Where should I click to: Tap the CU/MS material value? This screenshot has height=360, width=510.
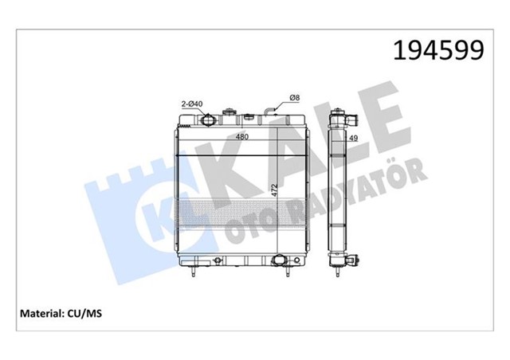[84, 313]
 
